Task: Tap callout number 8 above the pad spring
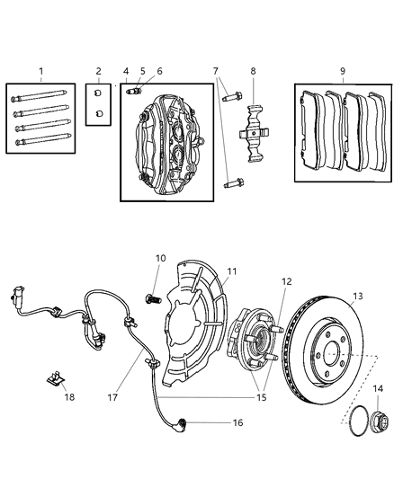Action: pyautogui.click(x=253, y=70)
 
